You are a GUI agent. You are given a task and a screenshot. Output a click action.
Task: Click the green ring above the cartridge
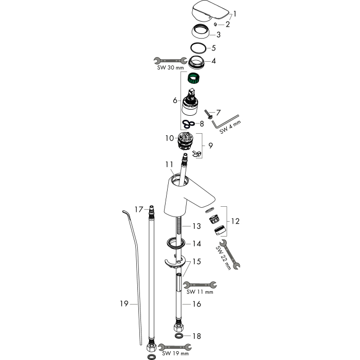[x=193, y=78]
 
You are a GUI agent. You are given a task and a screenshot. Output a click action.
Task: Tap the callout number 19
[x=124, y=304]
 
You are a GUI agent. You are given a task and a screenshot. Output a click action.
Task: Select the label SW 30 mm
[x=170, y=67]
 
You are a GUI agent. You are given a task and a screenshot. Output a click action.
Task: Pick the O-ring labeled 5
[x=199, y=48]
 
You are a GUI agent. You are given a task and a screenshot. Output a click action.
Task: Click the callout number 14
[x=197, y=244]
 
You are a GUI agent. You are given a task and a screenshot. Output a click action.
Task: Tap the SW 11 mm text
[x=200, y=292]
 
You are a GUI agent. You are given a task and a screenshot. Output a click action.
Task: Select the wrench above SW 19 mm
[x=175, y=347]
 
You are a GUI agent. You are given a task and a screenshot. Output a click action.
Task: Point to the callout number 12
[x=236, y=221]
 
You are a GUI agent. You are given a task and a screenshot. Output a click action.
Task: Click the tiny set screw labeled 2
[x=215, y=24]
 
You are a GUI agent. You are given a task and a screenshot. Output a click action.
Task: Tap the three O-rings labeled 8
[x=188, y=124]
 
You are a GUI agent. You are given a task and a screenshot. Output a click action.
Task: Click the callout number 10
[x=170, y=138]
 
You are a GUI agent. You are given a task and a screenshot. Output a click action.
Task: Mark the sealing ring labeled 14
[x=176, y=243]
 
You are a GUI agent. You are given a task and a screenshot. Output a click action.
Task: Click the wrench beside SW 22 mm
[x=230, y=255]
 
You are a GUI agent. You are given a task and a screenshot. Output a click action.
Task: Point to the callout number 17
[x=139, y=209]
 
